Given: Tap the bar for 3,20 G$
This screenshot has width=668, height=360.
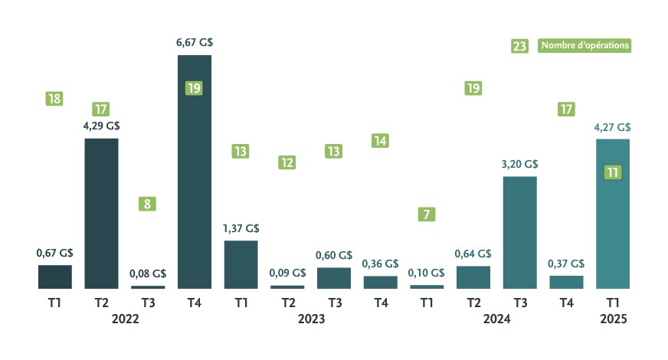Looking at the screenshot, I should [x=520, y=233].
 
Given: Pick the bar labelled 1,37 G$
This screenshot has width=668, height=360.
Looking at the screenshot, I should [x=241, y=264].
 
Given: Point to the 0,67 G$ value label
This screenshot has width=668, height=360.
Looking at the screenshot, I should [x=54, y=253].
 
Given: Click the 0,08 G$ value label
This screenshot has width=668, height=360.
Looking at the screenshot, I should [x=148, y=273].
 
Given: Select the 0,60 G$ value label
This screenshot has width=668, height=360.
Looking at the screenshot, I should [x=334, y=255].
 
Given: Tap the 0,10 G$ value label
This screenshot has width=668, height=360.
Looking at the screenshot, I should [x=427, y=273].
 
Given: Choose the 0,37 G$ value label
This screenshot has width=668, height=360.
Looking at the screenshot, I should [x=566, y=263].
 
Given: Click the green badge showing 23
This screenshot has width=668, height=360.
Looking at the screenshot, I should [x=519, y=47].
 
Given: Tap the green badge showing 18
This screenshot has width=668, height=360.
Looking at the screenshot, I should [x=54, y=99].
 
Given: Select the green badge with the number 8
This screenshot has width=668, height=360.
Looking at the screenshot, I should [x=148, y=204].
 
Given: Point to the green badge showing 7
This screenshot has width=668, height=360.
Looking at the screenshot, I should [x=427, y=214].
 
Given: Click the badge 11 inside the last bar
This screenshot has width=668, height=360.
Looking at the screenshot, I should [x=612, y=172].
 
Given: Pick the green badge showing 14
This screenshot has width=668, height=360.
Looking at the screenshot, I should [x=381, y=140].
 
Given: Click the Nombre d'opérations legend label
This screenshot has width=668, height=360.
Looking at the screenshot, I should [x=586, y=46].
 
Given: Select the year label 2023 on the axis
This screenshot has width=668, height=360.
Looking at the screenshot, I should [x=311, y=319].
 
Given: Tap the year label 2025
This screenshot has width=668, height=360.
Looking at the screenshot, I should [x=614, y=319].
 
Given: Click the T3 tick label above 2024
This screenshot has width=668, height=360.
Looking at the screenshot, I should [x=519, y=303].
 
